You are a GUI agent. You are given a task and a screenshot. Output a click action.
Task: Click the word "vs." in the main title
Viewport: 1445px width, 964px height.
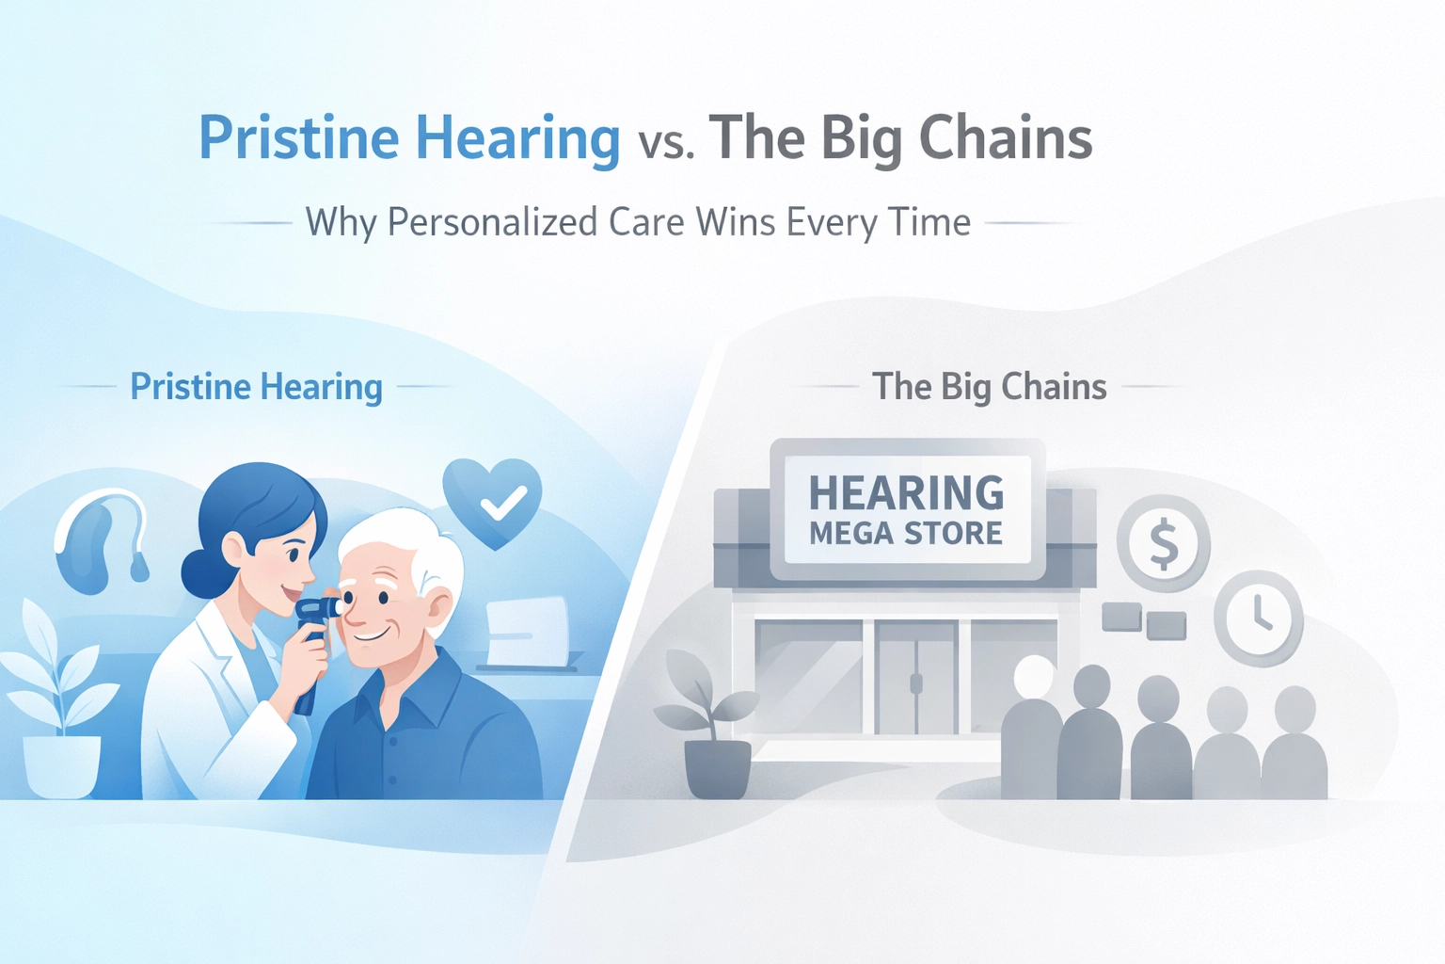[x=667, y=143]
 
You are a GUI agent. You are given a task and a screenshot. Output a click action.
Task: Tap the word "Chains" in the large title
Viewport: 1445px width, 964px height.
[x=1006, y=137]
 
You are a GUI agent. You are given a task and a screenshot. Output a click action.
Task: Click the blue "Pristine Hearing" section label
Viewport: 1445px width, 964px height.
[x=256, y=388]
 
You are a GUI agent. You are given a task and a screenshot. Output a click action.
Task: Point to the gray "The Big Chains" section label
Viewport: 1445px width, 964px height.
[x=989, y=387]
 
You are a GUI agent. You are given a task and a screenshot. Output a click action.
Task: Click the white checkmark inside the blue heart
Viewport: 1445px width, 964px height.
[x=504, y=503]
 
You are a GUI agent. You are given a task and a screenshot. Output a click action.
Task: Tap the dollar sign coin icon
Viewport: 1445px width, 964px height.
[x=1164, y=543]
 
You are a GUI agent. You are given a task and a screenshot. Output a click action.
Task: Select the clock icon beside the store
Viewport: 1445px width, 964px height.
[x=1259, y=619]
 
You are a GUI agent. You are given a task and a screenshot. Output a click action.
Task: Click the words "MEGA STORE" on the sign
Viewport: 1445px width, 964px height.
[x=906, y=534]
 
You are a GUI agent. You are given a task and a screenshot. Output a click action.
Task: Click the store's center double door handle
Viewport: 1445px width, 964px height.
[x=915, y=683]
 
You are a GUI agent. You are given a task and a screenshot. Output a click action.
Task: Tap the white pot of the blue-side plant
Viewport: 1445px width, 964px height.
[x=61, y=767]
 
